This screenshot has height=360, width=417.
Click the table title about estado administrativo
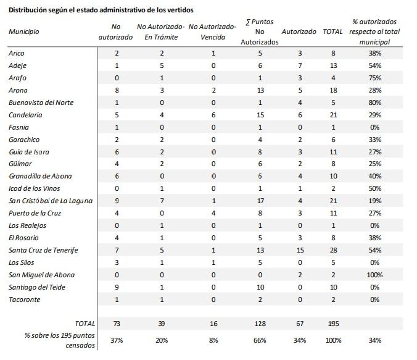coord(101,10)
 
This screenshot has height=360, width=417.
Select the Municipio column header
coord(24,31)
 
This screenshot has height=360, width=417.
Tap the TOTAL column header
coord(332,31)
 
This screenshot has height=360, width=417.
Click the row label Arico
coord(17,54)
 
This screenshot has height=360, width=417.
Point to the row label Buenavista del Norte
coord(40,103)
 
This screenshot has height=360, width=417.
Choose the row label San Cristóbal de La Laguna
coord(51,201)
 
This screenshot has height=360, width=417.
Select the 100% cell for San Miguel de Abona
coord(374,275)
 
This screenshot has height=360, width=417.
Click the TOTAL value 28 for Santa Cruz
coord(333,250)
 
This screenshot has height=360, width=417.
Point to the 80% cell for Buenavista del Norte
coord(374,103)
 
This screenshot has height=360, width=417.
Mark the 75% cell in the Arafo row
coord(374,78)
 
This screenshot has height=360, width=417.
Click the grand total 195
coord(333,324)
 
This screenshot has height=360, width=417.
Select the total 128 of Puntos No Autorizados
coord(260,324)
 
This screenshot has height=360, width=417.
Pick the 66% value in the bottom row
coord(260,340)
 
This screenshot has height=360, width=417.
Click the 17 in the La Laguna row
coord(260,201)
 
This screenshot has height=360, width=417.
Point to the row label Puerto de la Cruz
coord(35,213)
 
